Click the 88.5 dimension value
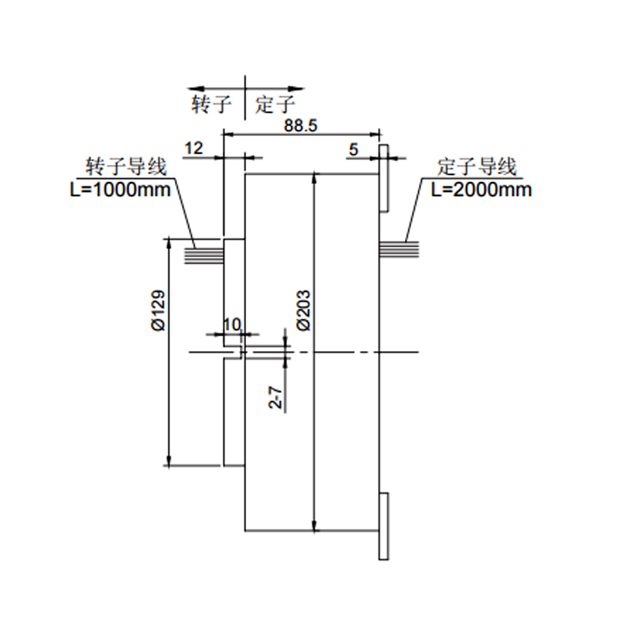(302, 126)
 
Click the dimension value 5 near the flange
(353, 149)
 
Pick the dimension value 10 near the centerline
(231, 324)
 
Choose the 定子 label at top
(275, 104)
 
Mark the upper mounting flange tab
(383, 177)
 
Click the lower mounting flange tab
(383, 526)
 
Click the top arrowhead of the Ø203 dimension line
(315, 180)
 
